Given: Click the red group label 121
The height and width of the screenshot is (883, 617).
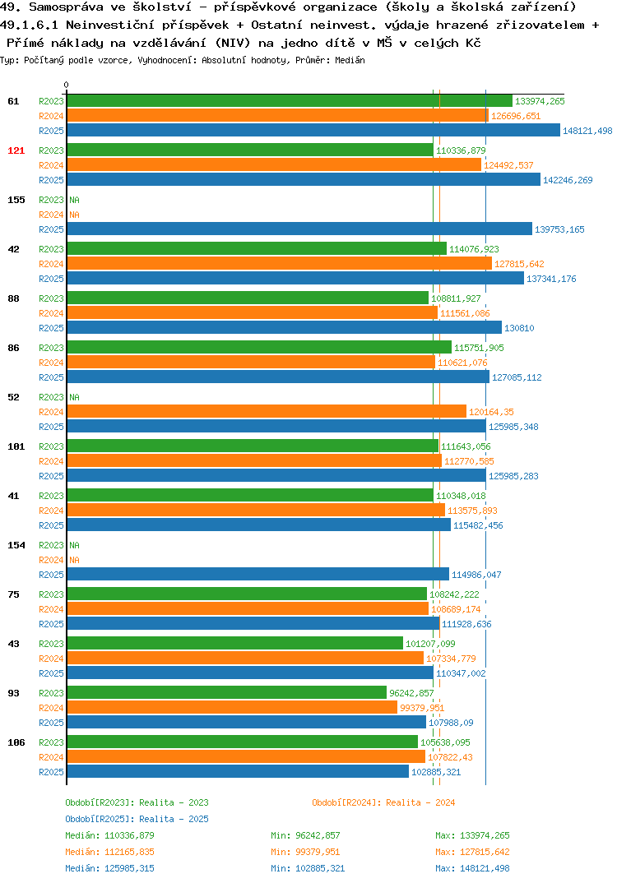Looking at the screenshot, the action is pyautogui.click(x=16, y=150).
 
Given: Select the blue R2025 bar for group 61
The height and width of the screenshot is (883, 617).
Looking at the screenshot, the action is pyautogui.click(x=314, y=131).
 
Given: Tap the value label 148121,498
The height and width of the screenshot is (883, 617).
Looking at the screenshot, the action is pyautogui.click(x=587, y=131).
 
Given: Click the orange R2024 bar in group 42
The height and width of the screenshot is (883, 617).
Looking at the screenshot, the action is pyautogui.click(x=280, y=264).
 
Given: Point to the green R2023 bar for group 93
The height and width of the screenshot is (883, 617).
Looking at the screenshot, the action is pyautogui.click(x=227, y=692).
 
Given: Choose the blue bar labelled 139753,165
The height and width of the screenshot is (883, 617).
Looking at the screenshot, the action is pyautogui.click(x=299, y=229).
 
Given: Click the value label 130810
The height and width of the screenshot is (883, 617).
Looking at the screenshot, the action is pyautogui.click(x=519, y=328).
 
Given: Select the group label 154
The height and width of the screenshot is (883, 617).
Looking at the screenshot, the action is pyautogui.click(x=16, y=545).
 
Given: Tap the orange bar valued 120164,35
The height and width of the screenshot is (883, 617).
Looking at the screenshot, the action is pyautogui.click(x=267, y=412).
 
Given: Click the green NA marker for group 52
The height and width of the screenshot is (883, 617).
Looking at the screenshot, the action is pyautogui.click(x=74, y=397).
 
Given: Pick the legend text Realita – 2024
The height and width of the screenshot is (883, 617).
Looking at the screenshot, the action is pyautogui.click(x=420, y=802).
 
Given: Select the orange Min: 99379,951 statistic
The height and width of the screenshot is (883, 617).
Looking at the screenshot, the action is pyautogui.click(x=305, y=852).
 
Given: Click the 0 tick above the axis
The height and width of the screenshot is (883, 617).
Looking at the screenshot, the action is pyautogui.click(x=66, y=85).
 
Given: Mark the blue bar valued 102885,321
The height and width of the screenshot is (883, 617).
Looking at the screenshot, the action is pyautogui.click(x=238, y=771).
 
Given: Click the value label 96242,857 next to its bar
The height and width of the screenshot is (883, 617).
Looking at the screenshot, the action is pyautogui.click(x=411, y=692).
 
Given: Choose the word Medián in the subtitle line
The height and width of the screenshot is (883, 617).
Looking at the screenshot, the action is pyautogui.click(x=350, y=60).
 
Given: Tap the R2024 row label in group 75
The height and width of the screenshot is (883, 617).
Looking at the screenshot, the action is pyautogui.click(x=51, y=608).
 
